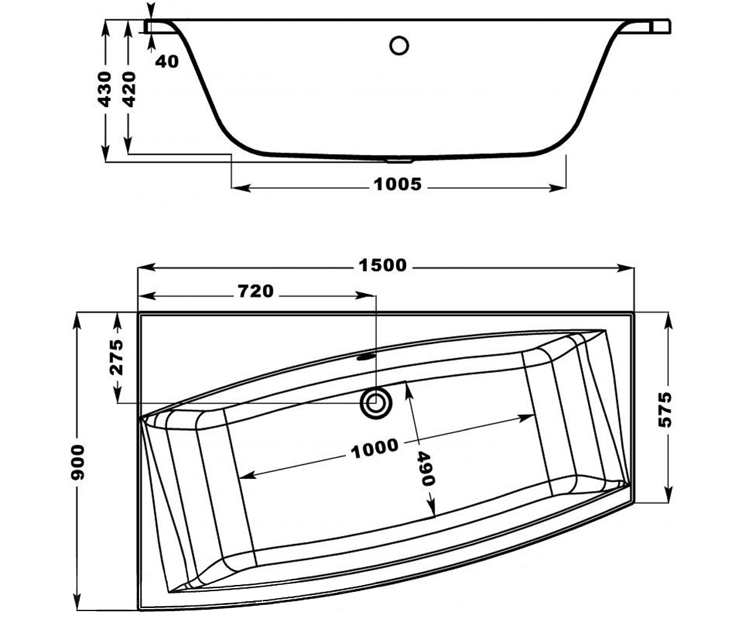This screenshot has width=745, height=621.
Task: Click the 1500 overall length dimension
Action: coord(382,265)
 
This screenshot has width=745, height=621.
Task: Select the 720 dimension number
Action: coord(256,291)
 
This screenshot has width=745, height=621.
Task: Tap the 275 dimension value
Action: coord(116,357)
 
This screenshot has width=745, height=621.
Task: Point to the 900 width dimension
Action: coord(78,462)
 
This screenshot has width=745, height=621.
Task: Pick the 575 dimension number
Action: coord(665,410)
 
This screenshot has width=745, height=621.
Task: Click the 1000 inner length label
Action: coord(374,448)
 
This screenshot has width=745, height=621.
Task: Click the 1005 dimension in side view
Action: coord(397,184)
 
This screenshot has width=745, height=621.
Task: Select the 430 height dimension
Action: coord(104,89)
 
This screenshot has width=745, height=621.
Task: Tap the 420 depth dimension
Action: coord(129,89)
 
